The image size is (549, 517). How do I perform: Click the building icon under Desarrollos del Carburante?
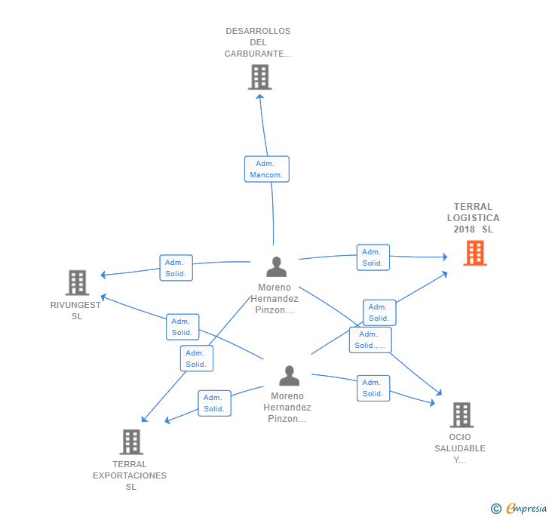pos(259,77)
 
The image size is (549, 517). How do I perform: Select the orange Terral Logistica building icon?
pos(475,253)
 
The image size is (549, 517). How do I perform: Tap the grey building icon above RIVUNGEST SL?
pos(78,283)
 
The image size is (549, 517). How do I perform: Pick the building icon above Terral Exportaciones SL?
pos(131,442)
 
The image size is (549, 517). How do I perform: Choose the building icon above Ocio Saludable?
pos(462,415)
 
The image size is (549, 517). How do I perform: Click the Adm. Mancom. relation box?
pos(267,169)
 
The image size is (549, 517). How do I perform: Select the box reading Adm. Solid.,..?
pos(370,340)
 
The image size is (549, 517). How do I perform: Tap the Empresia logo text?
pos(526,508)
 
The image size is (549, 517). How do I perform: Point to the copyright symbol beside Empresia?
pos(495,508)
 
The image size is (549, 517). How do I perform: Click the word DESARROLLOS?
pos(258,31)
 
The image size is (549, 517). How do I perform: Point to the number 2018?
pos(465,229)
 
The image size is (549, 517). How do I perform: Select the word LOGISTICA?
pos(474,218)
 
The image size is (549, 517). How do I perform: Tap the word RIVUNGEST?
pos(75,305)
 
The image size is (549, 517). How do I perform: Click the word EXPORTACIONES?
pos(130,475)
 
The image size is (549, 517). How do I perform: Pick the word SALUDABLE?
pos(460,448)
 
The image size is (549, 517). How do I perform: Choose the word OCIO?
pos(460,437)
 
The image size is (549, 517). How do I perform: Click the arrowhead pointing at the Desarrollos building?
pos(259,97)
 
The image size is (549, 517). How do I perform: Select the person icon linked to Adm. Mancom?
pos(277,266)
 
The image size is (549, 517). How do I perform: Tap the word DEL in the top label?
pos(258,42)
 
